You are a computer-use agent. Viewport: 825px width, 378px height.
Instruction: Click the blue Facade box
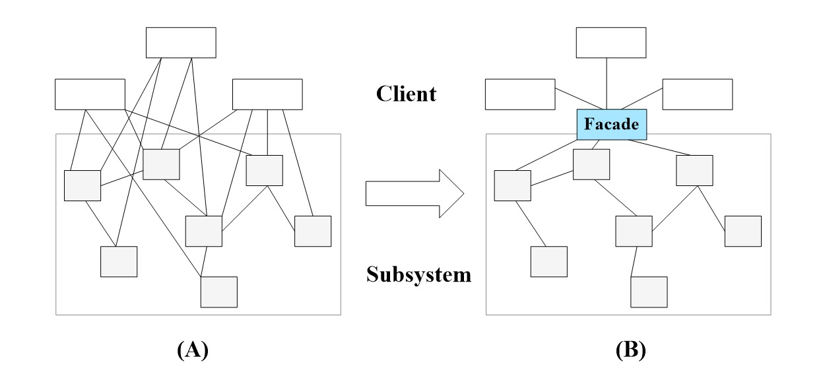[x=612, y=125]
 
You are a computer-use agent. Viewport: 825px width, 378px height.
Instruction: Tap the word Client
[x=406, y=94]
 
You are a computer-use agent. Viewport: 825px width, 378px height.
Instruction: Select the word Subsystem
[x=419, y=274]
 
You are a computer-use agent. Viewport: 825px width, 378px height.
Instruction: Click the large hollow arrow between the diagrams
[x=415, y=193]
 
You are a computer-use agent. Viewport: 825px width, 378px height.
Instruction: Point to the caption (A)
[x=192, y=350]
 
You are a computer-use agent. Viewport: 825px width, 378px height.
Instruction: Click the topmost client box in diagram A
[x=181, y=43]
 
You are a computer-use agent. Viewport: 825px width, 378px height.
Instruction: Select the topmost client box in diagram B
[x=611, y=43]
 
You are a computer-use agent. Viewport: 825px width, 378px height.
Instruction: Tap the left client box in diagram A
[x=90, y=94]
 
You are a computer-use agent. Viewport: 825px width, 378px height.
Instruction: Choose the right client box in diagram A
[x=267, y=94]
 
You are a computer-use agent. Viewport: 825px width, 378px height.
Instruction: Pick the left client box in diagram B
[x=520, y=94]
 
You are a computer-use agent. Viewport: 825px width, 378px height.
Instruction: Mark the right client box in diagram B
[x=698, y=94]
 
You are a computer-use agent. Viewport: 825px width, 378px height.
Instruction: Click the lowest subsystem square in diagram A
[x=218, y=292]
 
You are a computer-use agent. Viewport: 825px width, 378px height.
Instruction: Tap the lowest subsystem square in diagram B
[x=649, y=292]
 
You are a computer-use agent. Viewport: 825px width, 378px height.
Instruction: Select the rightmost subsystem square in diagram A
[x=312, y=231]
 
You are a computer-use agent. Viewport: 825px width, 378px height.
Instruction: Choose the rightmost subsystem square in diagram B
[x=743, y=231]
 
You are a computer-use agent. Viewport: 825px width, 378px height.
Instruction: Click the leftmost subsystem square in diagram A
[x=82, y=185]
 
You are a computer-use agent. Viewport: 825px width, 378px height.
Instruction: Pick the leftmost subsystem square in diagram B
[x=513, y=185]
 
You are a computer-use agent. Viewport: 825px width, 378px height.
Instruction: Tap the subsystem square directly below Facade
[x=591, y=164]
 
